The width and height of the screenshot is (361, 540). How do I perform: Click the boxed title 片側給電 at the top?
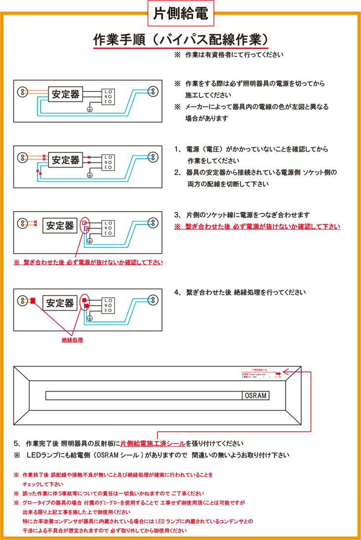(x=180, y=13)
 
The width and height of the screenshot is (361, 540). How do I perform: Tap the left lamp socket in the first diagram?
(x=22, y=91)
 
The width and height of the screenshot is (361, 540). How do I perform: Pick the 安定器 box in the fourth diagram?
(x=60, y=302)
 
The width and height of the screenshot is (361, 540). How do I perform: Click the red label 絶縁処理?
(x=72, y=340)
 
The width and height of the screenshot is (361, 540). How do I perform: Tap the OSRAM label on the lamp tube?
(x=255, y=396)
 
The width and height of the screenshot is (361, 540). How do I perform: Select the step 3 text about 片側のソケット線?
(x=242, y=215)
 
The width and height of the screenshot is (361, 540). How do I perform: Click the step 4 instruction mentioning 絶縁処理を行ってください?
(x=240, y=292)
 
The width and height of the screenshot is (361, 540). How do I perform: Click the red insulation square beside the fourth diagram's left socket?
(x=33, y=300)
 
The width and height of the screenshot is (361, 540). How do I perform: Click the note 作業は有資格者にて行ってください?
(x=229, y=55)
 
